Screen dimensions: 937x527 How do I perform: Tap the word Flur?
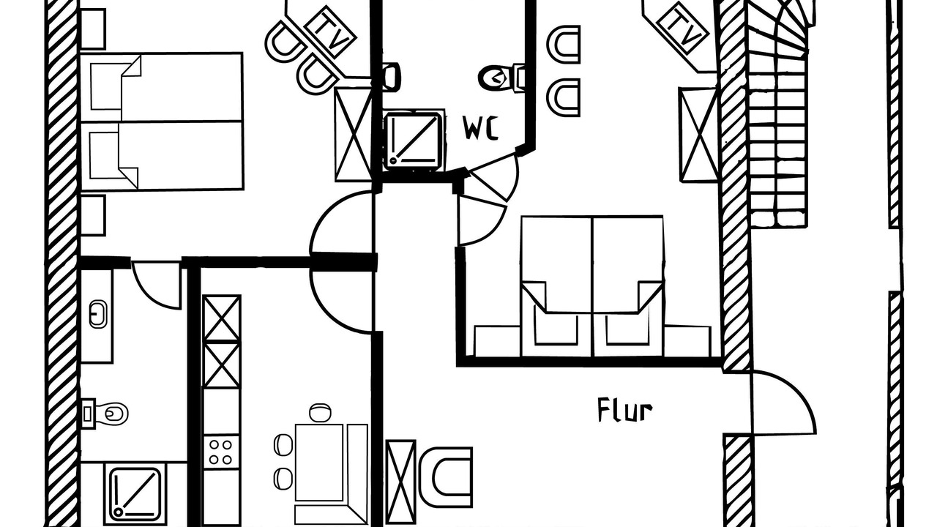(625, 410)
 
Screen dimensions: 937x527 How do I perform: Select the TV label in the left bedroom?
(330, 32)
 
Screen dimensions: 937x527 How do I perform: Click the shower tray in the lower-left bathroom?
(134, 494)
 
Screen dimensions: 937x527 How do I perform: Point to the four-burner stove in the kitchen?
(221, 452)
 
